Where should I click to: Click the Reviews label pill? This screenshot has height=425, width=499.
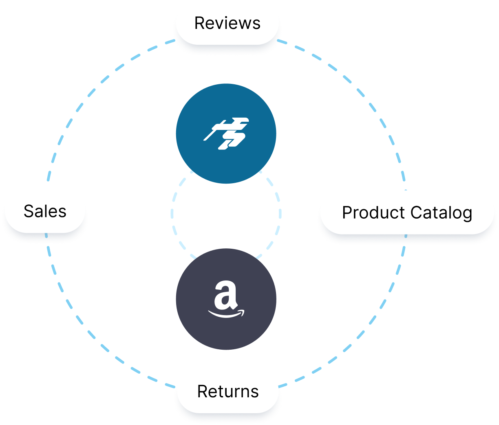[227, 23]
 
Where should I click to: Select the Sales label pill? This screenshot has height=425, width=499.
[45, 211]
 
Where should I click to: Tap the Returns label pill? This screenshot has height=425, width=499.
[228, 392]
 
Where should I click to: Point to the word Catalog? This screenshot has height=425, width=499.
[441, 213]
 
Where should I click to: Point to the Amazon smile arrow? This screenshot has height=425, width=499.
[226, 314]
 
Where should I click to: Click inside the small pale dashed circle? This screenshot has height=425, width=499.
[226, 213]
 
